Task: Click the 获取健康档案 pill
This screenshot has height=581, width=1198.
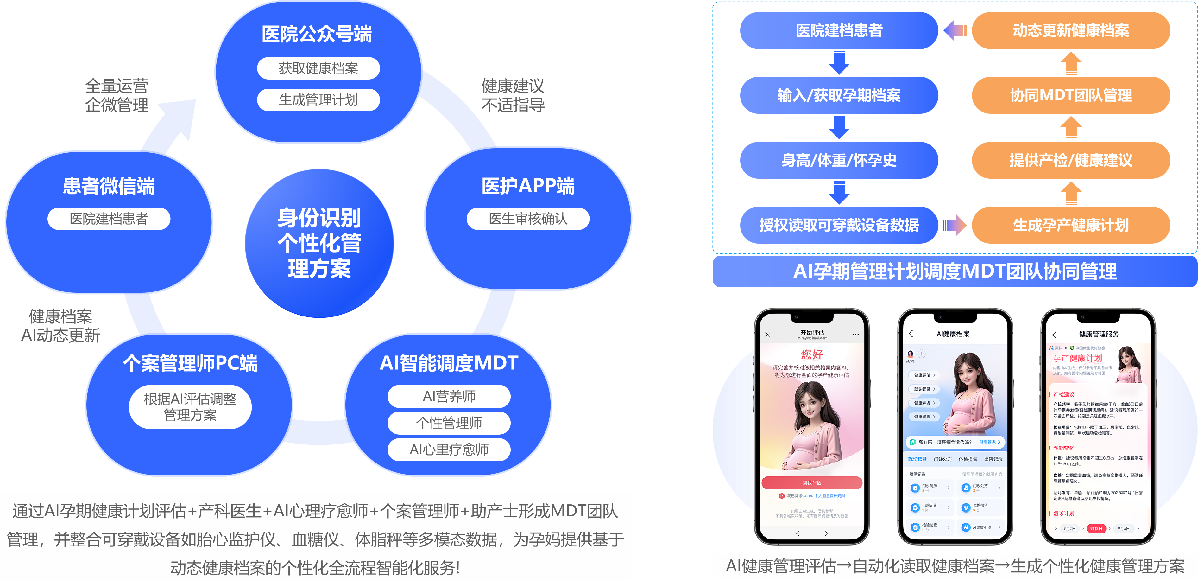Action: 318,68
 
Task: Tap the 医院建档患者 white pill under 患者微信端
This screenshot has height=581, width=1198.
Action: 109,219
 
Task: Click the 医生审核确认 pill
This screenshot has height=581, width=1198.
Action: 528,219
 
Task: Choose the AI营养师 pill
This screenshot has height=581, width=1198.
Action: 449,396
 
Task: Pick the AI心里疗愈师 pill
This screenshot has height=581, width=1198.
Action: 449,449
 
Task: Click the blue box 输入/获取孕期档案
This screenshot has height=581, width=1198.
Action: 839,95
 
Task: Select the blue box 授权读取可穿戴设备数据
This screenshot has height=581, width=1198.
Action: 839,225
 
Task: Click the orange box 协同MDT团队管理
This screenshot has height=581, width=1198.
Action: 1071,95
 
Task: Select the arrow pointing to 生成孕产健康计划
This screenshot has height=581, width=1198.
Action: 955,225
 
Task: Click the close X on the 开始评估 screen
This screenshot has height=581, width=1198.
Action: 768,335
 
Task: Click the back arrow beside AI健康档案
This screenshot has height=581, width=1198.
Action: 911,334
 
